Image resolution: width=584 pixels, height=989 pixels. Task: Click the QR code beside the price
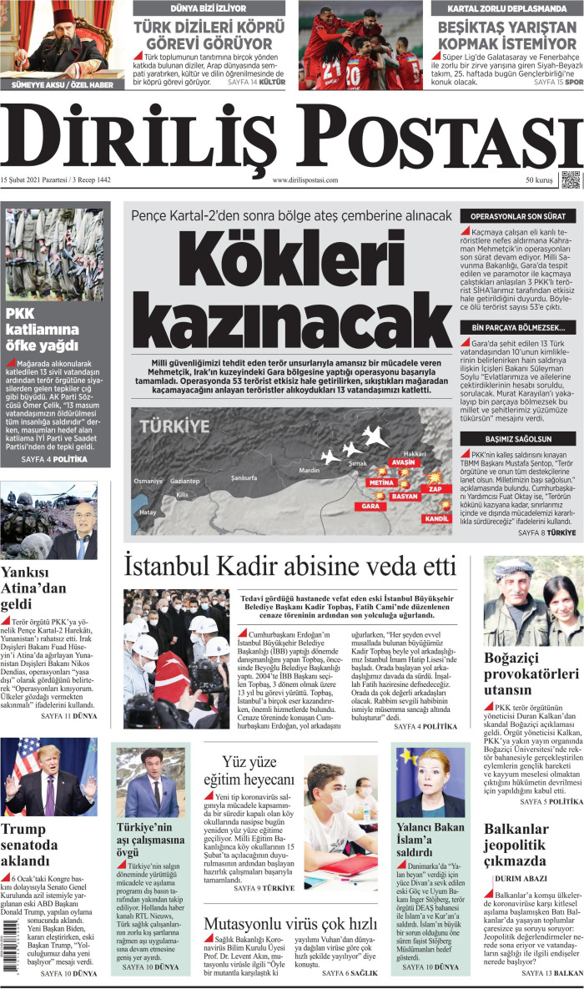click(x=570, y=179)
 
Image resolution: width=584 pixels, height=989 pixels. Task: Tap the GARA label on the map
click(x=370, y=506)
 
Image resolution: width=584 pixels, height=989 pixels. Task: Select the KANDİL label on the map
click(x=437, y=518)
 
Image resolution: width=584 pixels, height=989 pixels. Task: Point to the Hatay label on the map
click(x=148, y=512)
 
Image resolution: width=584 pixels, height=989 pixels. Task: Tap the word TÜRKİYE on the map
click(x=174, y=426)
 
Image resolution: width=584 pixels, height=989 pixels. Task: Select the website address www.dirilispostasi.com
click(x=305, y=180)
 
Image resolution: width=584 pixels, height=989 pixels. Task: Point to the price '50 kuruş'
click(x=539, y=180)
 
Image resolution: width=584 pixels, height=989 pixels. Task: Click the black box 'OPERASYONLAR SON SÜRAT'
click(x=518, y=216)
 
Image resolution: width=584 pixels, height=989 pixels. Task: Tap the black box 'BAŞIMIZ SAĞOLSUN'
click(x=518, y=438)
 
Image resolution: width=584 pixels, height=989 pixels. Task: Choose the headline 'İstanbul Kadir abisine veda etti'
click(x=289, y=567)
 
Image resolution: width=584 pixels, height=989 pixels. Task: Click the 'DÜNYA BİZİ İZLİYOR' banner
click(x=209, y=8)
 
